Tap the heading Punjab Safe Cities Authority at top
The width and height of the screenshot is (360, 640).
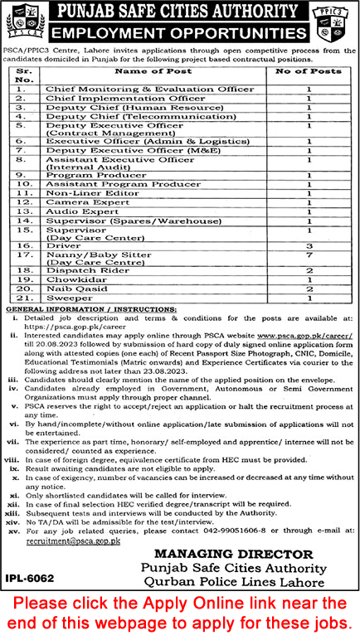[x=179, y=12]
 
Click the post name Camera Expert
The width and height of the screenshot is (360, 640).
[x=80, y=201]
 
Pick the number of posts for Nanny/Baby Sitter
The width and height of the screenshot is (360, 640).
[x=309, y=256]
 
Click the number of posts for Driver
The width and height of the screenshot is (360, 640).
[x=309, y=246]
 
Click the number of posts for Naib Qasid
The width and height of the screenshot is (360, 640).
[x=309, y=287]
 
